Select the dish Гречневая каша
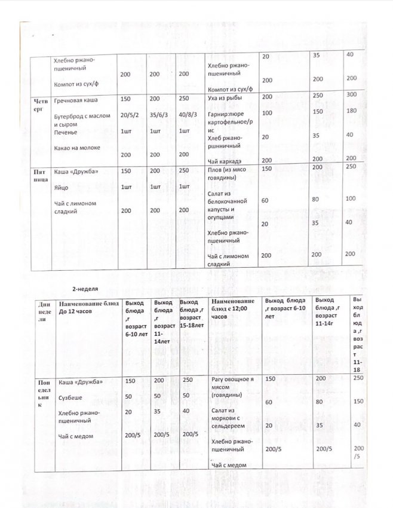[78, 99]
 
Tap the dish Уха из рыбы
[226, 97]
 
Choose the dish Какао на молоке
[77, 147]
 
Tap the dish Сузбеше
[70, 397]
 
